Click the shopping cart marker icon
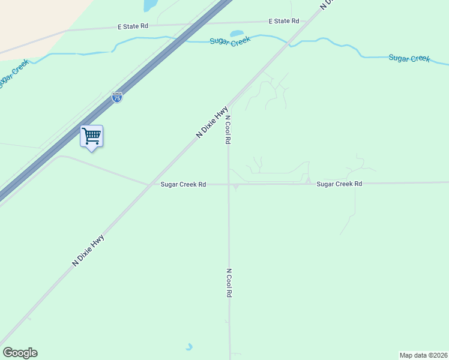point(91,136)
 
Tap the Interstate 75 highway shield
point(117,97)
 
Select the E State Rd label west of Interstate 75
point(133,26)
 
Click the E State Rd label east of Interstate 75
point(284,21)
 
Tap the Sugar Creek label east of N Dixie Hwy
point(409,58)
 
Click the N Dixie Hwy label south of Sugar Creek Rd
point(88,250)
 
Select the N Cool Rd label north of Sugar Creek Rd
point(228,129)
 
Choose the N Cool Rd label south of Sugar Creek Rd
point(229,283)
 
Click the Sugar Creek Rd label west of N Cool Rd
point(183,184)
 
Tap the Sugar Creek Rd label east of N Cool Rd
point(339,184)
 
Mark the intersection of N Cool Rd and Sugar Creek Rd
point(229,184)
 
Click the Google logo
point(20,353)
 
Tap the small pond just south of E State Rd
point(237,33)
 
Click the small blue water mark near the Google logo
point(190,347)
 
